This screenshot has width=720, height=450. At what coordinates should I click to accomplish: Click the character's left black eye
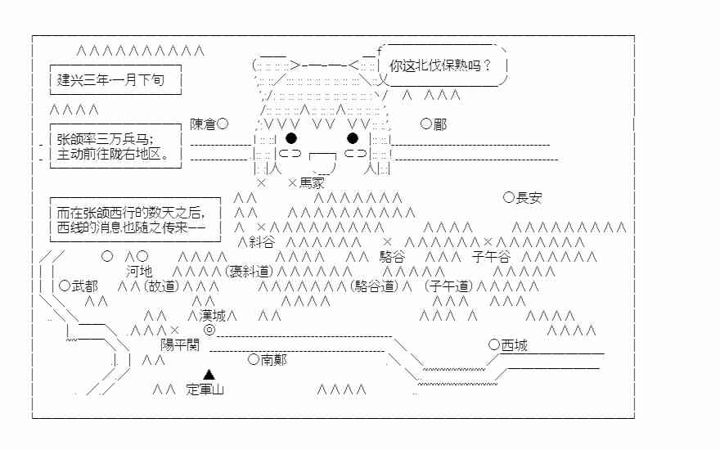291,137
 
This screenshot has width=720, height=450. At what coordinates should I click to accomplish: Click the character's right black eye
353,137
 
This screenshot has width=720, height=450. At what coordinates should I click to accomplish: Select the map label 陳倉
203,124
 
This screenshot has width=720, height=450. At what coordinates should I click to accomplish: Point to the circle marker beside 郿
425,124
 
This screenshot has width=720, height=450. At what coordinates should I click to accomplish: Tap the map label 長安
529,197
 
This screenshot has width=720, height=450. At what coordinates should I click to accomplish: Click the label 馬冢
312,182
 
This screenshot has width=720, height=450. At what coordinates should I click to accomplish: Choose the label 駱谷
392,256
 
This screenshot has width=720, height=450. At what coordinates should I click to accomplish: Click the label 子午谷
491,256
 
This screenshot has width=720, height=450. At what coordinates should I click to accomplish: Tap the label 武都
84,286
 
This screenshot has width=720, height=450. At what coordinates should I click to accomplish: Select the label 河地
138,271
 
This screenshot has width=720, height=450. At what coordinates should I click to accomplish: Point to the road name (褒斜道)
246,271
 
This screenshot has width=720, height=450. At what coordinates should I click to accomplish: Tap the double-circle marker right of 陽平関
209,330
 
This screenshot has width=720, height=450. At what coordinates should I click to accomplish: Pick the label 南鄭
274,359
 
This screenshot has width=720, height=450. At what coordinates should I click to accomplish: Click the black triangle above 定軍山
209,374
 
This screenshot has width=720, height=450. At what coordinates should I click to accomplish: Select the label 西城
514,345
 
